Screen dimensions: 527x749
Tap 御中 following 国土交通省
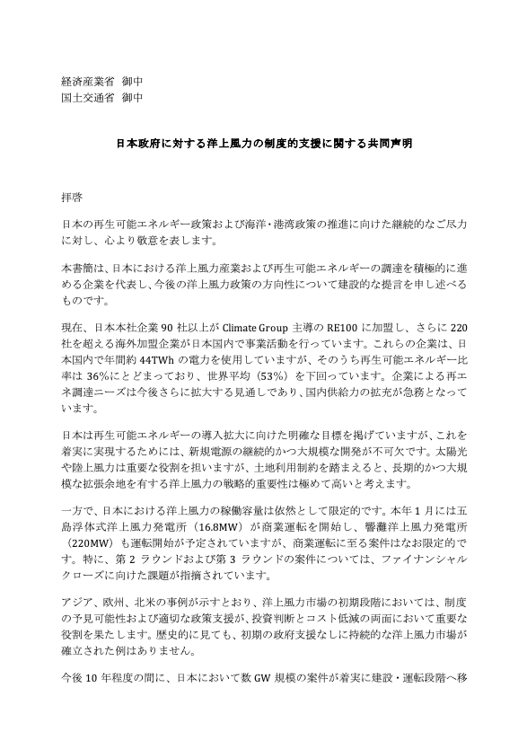(131, 97)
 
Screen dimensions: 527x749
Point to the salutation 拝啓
(71, 193)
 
